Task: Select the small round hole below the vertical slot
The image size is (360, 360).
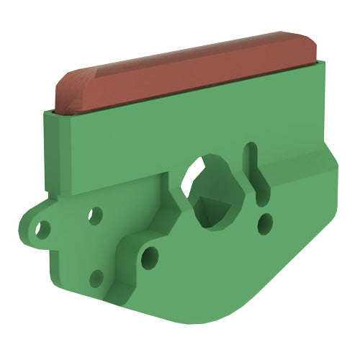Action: [x=265, y=222]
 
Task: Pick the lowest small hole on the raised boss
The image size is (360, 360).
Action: [x=96, y=279]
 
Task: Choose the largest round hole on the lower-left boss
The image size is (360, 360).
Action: [x=150, y=256]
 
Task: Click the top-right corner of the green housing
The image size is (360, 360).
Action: [x=325, y=65]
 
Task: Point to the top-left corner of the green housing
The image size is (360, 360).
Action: [x=47, y=112]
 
